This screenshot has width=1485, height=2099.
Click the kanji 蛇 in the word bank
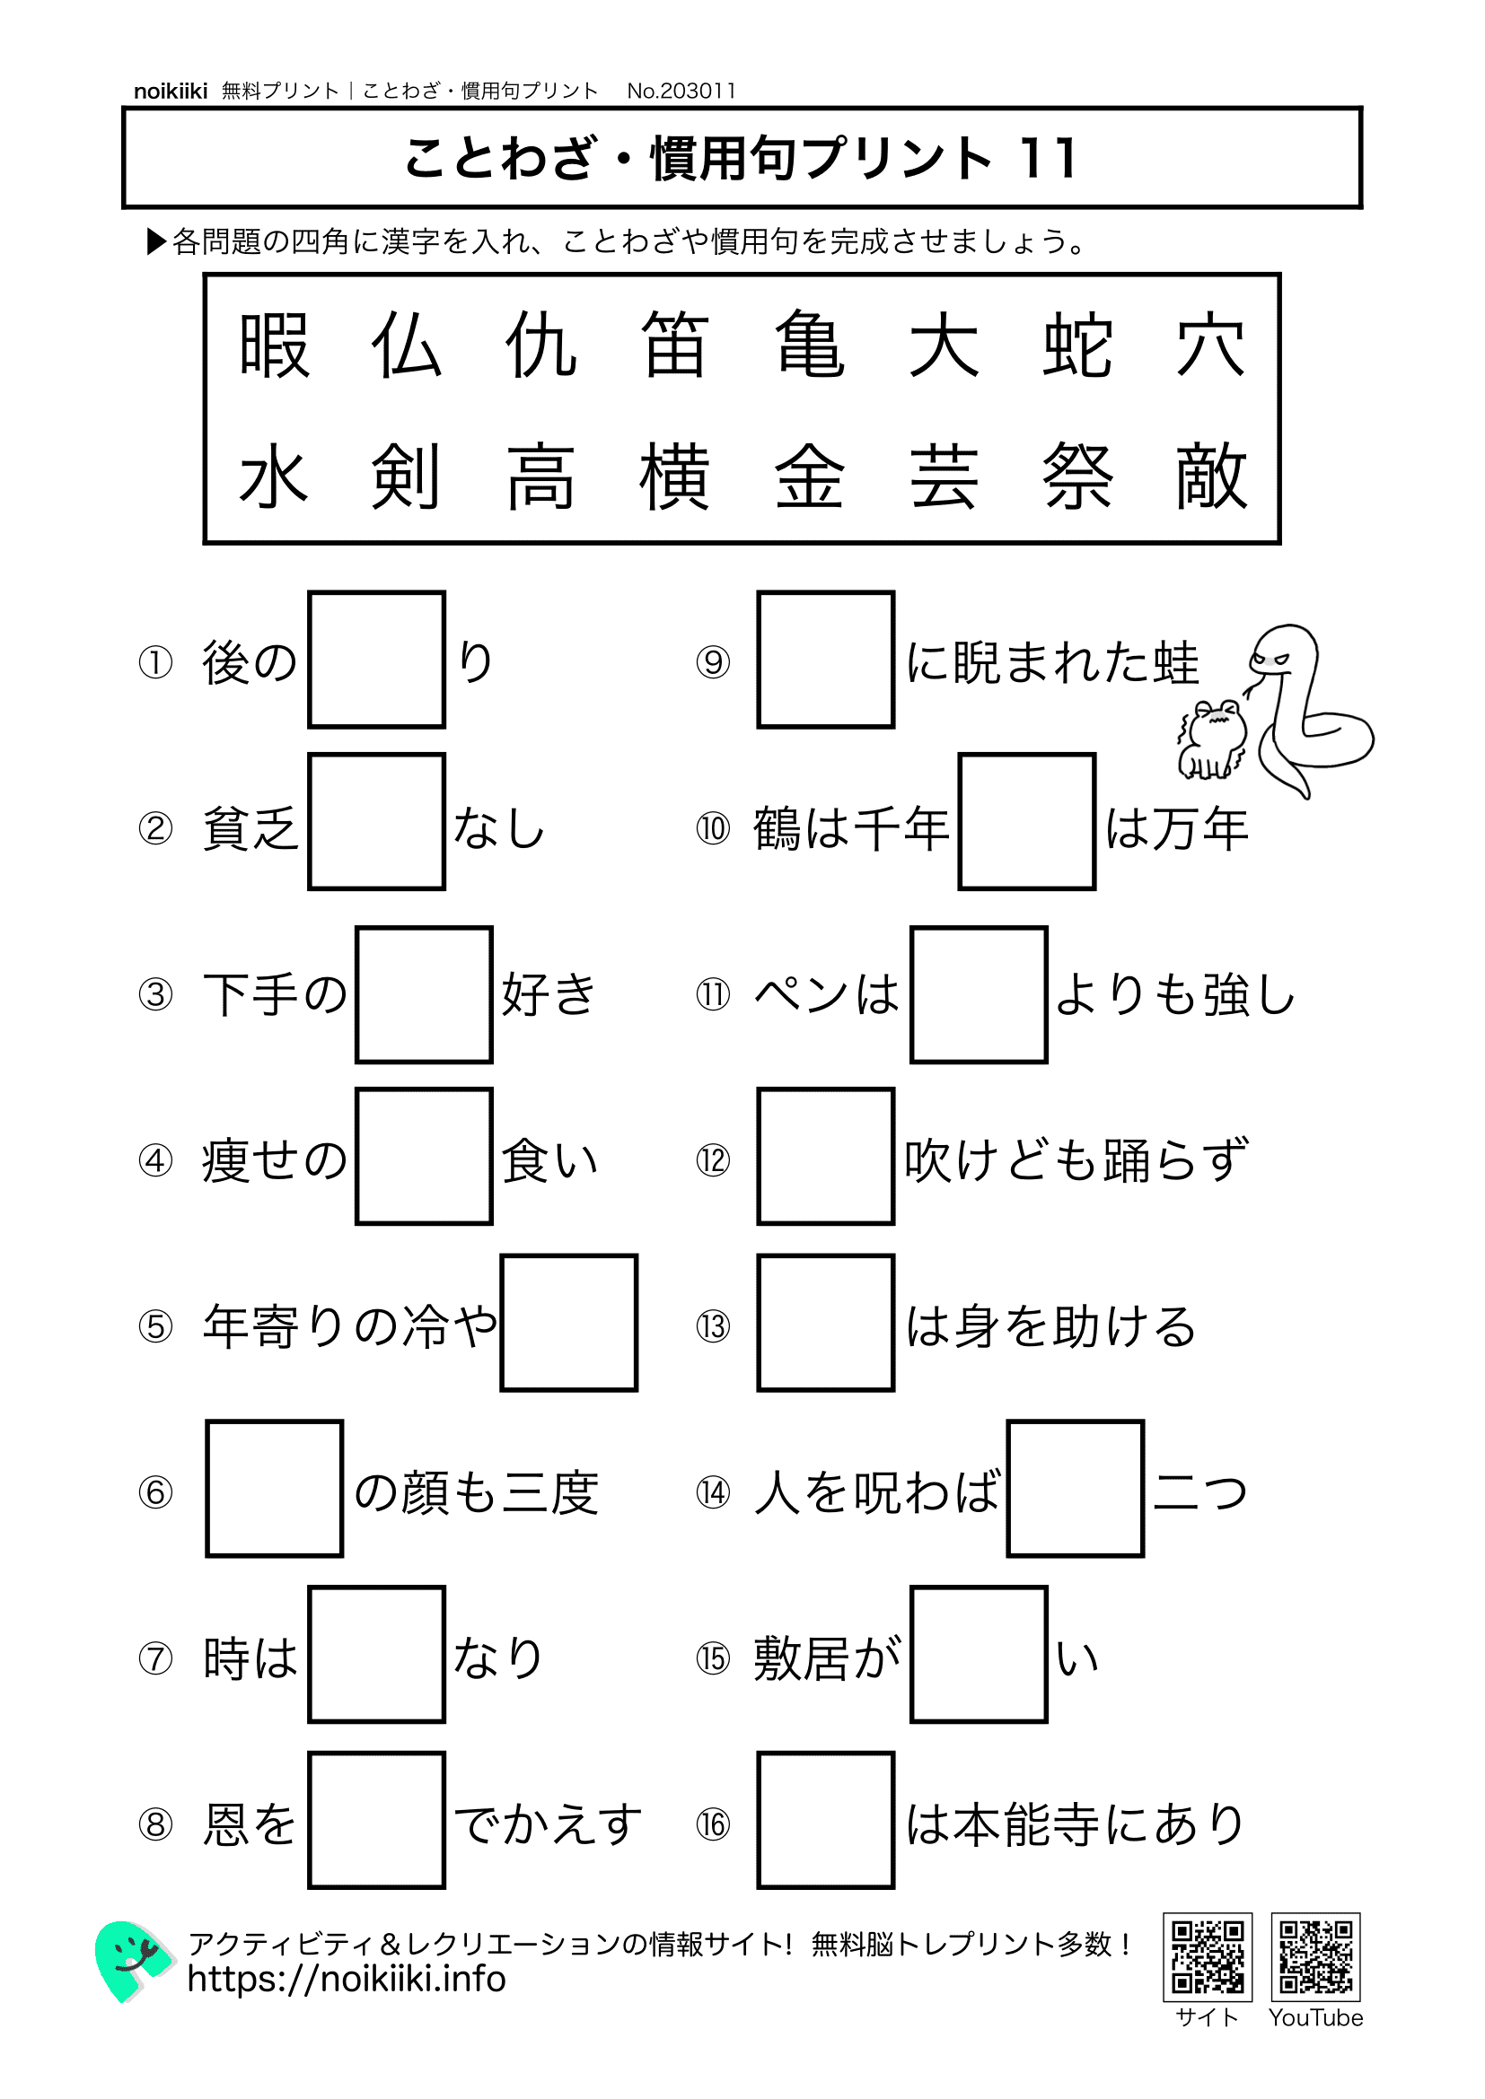(x=1077, y=345)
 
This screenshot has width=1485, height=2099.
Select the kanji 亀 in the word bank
(x=809, y=345)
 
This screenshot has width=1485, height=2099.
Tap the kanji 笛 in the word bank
(x=675, y=345)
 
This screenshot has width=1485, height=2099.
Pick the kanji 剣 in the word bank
(x=406, y=477)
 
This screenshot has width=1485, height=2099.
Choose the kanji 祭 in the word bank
(x=1077, y=477)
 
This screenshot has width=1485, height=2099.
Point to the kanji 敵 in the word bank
(x=1211, y=477)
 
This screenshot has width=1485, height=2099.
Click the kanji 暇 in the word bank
(x=274, y=345)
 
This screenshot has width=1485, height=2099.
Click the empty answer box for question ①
(x=377, y=660)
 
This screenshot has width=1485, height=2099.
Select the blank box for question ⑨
(x=825, y=660)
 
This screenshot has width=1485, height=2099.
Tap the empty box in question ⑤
(x=568, y=1323)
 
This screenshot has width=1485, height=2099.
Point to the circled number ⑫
(x=712, y=1160)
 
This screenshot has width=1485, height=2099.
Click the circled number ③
(x=155, y=994)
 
